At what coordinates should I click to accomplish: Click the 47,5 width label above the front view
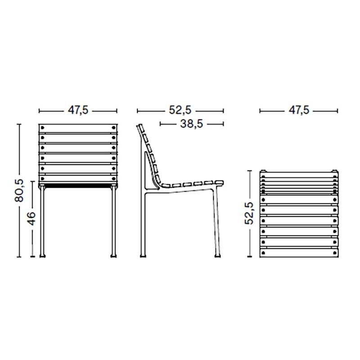(77, 110)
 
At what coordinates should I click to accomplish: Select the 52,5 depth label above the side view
(180, 110)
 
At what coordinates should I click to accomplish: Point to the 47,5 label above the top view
(299, 110)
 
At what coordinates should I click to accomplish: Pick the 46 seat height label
(31, 219)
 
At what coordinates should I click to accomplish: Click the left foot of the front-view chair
(43, 256)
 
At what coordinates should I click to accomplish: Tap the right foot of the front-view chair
(113, 256)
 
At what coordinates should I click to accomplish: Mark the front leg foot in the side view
(218, 255)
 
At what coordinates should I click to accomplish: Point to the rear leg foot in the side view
(144, 255)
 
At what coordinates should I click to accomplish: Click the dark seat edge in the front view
(78, 184)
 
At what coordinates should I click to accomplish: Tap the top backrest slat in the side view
(140, 130)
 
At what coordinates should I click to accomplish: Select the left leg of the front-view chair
(44, 220)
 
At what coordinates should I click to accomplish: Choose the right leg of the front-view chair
(112, 220)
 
